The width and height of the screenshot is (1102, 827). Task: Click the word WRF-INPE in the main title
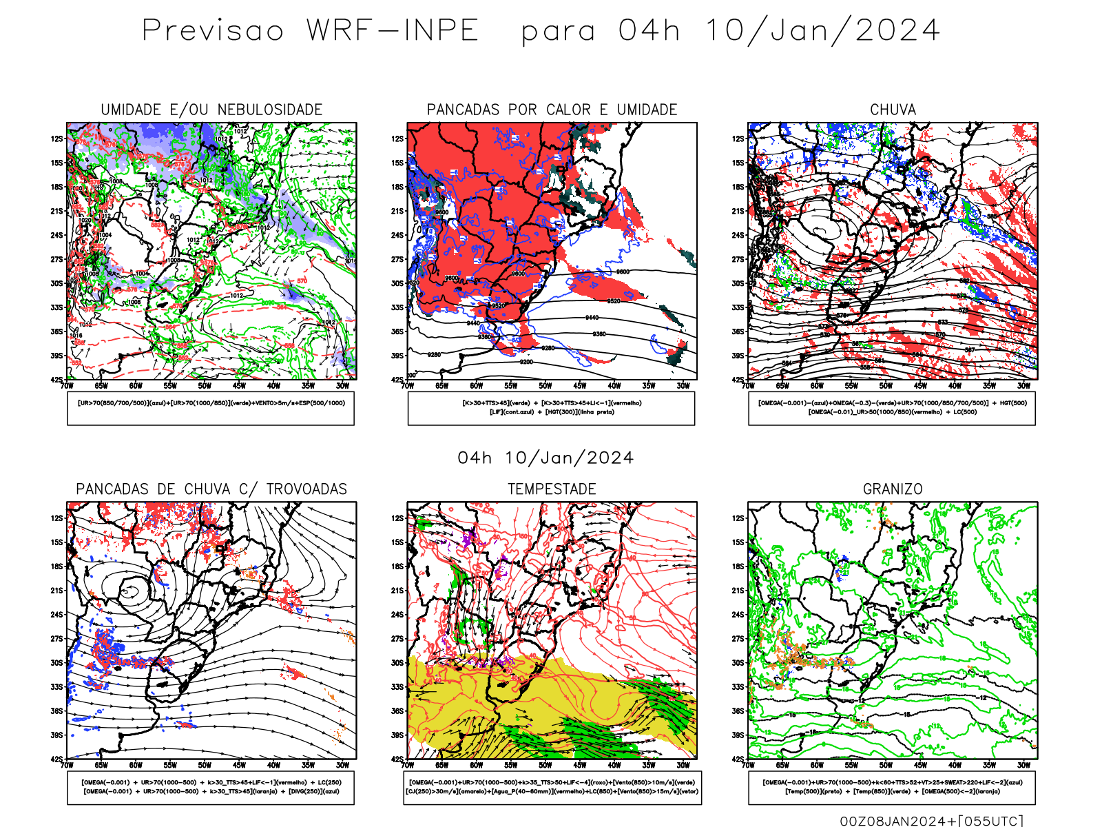click(393, 31)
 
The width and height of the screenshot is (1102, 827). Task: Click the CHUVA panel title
click(893, 110)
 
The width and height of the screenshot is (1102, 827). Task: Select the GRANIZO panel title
click(893, 489)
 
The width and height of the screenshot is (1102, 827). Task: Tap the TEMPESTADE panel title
click(552, 489)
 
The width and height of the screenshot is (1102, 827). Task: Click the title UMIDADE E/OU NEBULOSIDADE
click(211, 110)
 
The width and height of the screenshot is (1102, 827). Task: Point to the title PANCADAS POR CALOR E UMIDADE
click(552, 110)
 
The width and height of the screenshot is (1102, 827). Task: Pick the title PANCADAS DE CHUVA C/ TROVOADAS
click(211, 489)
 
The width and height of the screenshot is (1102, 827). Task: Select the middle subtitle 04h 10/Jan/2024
click(545, 458)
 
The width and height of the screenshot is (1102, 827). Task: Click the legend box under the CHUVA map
click(892, 408)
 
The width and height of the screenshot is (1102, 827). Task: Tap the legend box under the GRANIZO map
click(892, 787)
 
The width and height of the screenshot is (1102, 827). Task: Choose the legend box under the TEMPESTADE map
click(552, 787)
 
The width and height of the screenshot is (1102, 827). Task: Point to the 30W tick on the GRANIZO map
click(1024, 765)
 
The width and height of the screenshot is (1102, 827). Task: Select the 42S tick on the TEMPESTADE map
click(397, 759)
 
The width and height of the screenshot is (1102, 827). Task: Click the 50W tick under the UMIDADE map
click(205, 386)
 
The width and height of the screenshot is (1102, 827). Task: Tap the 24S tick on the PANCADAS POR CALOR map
click(397, 236)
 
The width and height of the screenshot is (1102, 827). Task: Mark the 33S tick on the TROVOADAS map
click(56, 687)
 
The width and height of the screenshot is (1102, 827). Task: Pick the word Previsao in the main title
click(213, 31)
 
